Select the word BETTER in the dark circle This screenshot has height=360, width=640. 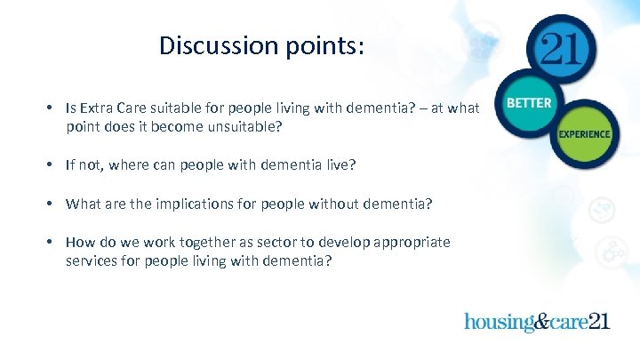click(x=529, y=103)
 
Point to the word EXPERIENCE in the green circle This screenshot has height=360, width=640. click(x=584, y=134)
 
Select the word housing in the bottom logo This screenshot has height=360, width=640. click(x=497, y=321)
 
